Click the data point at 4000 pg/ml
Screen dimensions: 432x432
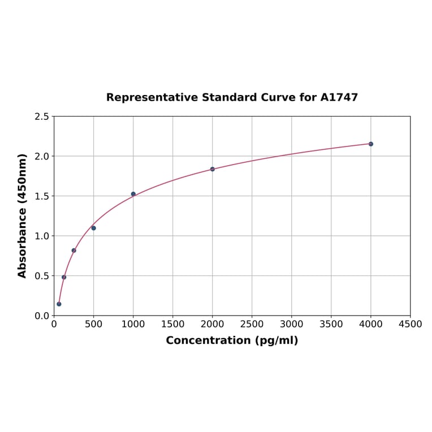coord(371,144)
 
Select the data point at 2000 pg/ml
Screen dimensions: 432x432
coord(213,169)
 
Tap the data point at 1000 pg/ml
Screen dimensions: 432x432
coord(133,194)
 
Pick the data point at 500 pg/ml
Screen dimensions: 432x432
coord(93,228)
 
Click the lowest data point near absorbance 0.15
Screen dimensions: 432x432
coord(59,304)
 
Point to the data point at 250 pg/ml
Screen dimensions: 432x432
coord(74,250)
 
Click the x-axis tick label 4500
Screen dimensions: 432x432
coord(410,325)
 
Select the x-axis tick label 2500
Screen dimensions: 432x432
coord(252,325)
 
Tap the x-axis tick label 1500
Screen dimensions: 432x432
coord(172,325)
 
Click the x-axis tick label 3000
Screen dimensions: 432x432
coord(291,325)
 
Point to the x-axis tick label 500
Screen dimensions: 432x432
coord(93,325)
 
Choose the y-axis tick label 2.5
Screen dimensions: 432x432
coord(42,116)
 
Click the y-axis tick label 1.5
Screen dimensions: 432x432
coord(42,196)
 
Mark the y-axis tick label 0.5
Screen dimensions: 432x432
coord(42,276)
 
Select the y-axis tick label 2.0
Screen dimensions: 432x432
coord(42,156)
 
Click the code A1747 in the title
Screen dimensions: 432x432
coord(339,97)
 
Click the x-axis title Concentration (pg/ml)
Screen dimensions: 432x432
coord(232,340)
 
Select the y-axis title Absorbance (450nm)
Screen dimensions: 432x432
coord(23,215)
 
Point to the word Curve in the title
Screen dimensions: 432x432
coord(278,97)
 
